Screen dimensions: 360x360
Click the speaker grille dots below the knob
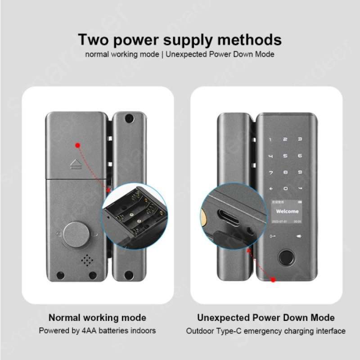coord(86,260)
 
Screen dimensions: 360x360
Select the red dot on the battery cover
coord(78,145)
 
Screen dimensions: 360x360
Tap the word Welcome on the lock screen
coord(287,211)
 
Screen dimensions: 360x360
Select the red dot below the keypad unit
coord(273,280)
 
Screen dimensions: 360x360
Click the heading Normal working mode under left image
coord(97,318)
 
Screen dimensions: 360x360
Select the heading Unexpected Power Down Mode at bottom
coord(266,318)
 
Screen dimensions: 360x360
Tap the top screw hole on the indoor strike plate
coord(129,119)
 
